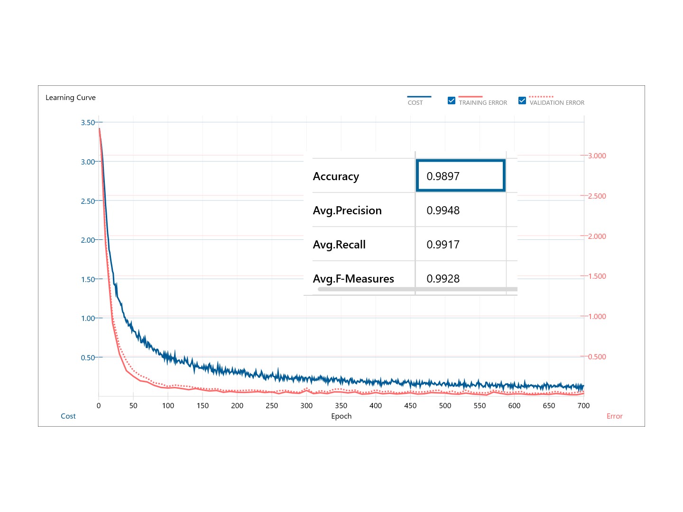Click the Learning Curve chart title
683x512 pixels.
[x=71, y=98]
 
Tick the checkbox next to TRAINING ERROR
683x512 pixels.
[x=452, y=101]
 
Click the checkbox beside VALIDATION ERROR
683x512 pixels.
[x=522, y=101]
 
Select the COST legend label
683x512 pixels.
[x=415, y=102]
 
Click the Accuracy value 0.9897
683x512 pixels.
[x=443, y=176]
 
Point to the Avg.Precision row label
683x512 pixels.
[x=347, y=210]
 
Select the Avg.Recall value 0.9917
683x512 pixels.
[x=443, y=245]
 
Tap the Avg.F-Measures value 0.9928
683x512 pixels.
[x=443, y=279]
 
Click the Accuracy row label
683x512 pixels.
[x=336, y=176]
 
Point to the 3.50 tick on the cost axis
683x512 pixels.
[x=88, y=122]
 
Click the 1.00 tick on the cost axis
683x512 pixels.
[x=88, y=318]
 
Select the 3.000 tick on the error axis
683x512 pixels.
[x=597, y=155]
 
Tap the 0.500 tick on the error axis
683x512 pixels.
[x=597, y=357]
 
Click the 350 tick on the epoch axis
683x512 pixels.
[x=341, y=406]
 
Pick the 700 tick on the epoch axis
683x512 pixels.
[x=583, y=406]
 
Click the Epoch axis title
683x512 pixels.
[x=341, y=416]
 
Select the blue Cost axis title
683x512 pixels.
[x=68, y=416]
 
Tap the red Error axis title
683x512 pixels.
[x=615, y=416]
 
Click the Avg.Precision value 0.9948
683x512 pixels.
[x=443, y=210]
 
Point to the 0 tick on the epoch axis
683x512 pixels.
[x=99, y=406]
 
